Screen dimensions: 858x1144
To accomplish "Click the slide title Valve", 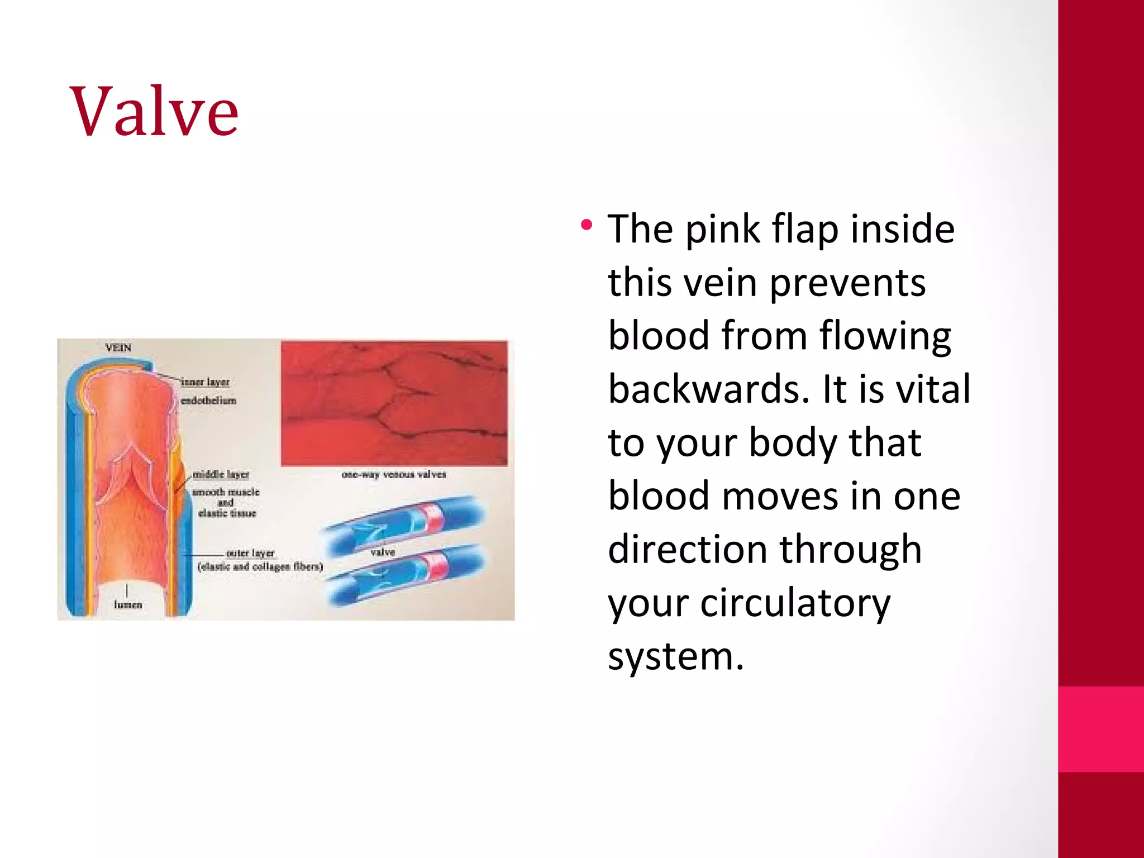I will (154, 111).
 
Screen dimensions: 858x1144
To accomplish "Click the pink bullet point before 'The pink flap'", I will (586, 226).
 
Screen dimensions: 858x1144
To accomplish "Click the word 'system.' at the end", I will (676, 656).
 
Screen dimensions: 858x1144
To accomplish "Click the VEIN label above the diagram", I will (118, 348).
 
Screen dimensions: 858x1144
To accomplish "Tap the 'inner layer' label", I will (206, 382).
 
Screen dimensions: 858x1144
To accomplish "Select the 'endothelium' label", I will (208, 401).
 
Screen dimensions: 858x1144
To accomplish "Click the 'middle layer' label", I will (221, 474).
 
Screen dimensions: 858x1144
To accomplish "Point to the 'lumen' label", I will (128, 604).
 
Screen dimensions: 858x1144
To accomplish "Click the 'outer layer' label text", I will (250, 553).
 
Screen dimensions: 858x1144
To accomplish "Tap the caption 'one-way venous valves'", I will (394, 475).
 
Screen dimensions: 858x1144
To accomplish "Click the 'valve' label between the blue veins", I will (383, 552).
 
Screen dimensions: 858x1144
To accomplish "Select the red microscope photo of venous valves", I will (394, 403).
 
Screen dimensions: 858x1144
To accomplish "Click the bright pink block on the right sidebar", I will (1100, 729).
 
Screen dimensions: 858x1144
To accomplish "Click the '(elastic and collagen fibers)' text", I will (260, 566).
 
